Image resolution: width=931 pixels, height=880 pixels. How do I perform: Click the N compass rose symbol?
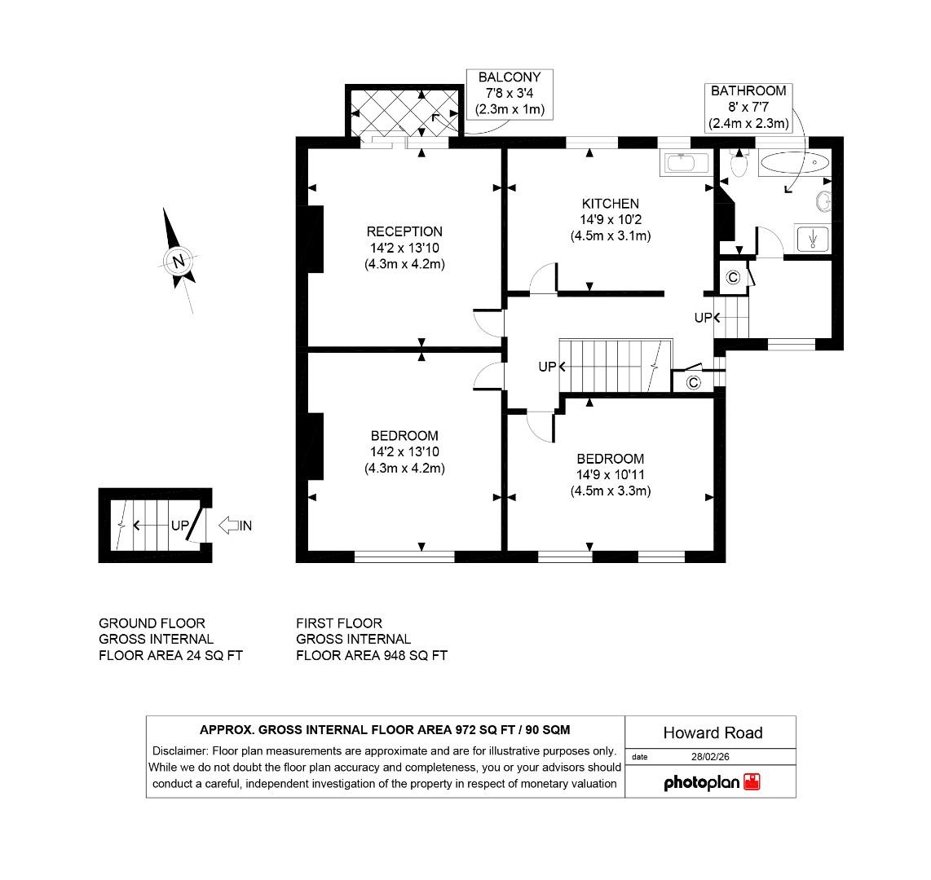point(178,262)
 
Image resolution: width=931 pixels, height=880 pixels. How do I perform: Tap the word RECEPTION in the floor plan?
point(404,231)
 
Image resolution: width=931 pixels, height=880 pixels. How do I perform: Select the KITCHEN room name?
point(610,204)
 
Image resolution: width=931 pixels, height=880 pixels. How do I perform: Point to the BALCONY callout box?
point(510,94)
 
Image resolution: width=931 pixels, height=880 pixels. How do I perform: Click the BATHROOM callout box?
point(748,107)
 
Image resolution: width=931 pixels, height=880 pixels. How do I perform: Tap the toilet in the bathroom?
point(739,165)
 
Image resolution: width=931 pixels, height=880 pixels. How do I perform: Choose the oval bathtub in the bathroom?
point(794,164)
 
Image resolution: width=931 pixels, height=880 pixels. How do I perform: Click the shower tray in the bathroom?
point(812,239)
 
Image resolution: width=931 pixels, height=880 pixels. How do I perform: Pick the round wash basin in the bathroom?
point(823,200)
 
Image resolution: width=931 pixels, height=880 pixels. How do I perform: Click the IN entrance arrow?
point(236,526)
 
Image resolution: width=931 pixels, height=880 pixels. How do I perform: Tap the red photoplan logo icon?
point(752,782)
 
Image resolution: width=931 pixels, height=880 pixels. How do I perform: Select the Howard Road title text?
point(713,733)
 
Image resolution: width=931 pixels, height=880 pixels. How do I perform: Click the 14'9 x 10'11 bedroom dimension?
point(610,475)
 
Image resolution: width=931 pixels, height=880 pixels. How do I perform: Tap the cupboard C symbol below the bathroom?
point(733,277)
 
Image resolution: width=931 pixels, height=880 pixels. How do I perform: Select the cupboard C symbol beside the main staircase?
point(693,382)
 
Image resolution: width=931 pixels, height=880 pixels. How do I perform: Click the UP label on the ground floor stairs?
point(180,526)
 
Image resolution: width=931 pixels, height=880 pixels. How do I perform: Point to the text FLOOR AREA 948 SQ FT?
point(372,655)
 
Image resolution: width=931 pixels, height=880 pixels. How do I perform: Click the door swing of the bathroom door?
point(770,242)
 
